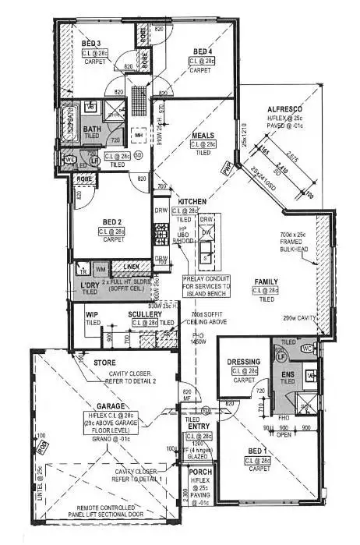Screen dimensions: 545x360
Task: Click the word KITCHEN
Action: click(191, 202)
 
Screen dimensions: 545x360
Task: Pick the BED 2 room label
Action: click(111, 221)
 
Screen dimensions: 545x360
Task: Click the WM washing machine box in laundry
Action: click(101, 269)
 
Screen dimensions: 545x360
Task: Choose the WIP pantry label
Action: click(93, 313)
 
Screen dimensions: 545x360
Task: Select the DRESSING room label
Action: click(242, 361)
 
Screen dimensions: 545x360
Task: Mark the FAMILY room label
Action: click(267, 281)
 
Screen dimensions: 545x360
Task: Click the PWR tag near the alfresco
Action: click(226, 166)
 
